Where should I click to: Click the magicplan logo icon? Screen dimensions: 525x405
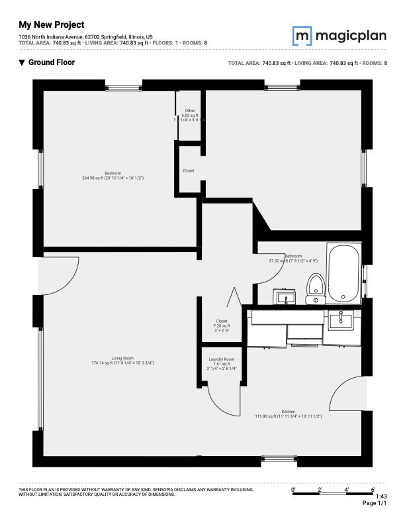coord(302,34)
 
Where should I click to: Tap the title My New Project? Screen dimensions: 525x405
coord(52,25)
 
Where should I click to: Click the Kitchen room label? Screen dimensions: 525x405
coord(288,412)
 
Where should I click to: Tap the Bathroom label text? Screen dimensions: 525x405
coord(293,256)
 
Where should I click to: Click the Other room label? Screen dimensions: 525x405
coord(190,111)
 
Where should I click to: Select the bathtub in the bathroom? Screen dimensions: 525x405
coord(344,273)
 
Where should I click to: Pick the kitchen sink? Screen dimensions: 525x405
coord(341,320)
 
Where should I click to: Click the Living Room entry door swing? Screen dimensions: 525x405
coord(58,273)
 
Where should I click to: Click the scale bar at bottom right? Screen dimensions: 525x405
coord(333,493)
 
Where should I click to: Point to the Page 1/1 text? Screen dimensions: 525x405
coord(375,504)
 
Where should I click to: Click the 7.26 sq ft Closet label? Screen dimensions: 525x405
coord(221,325)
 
